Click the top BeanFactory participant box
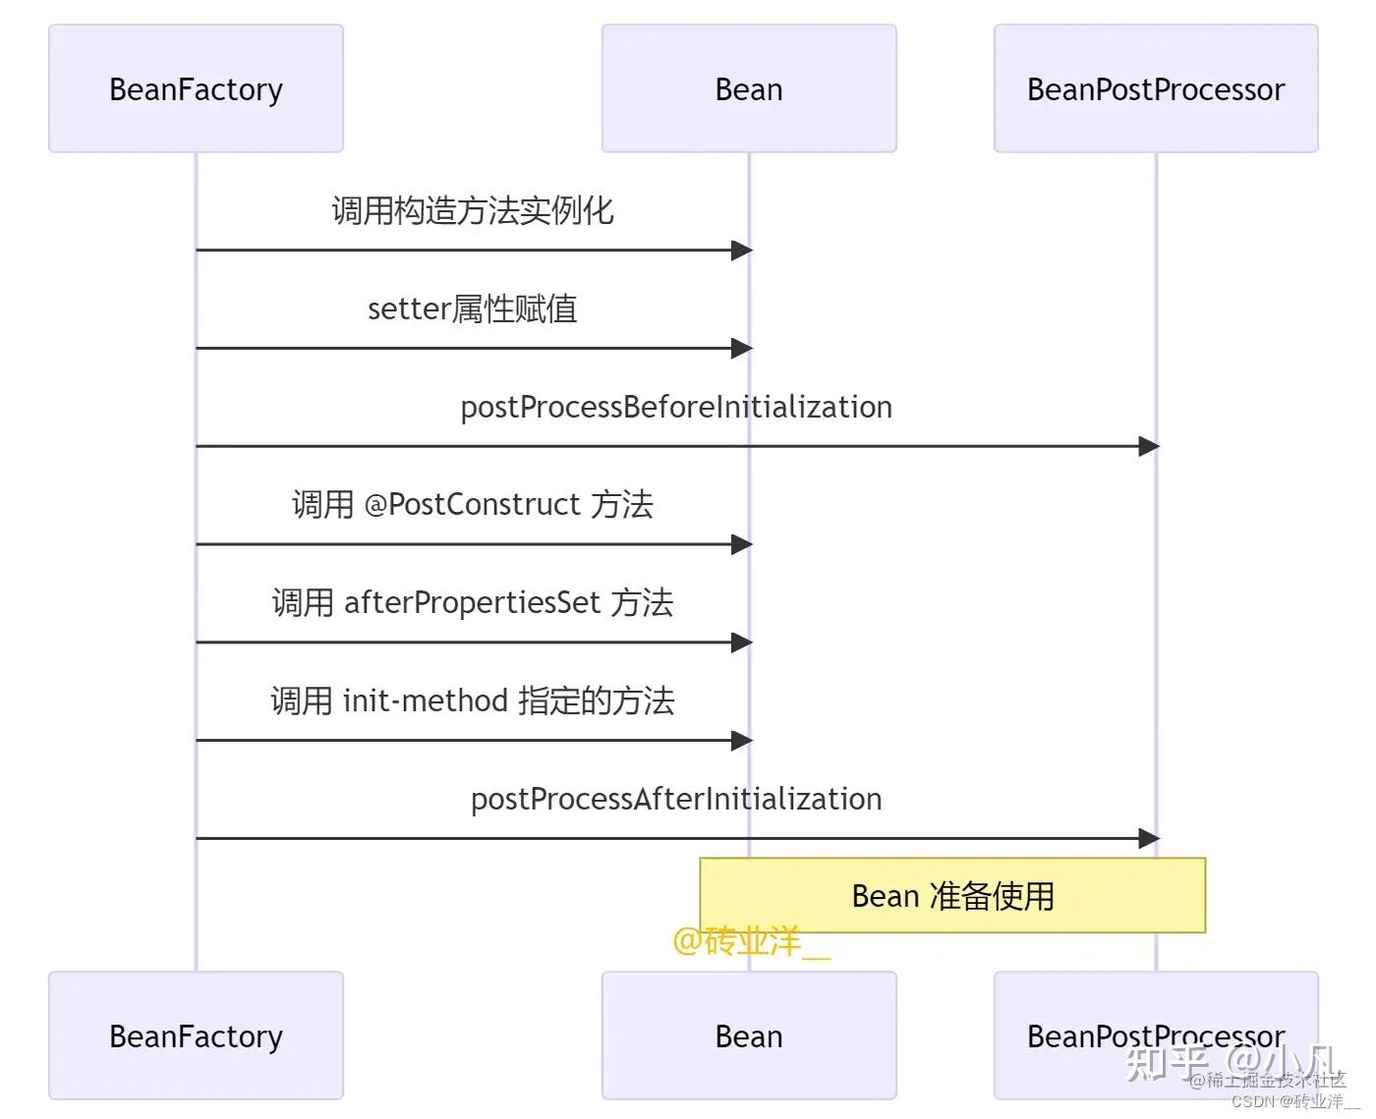coord(196,88)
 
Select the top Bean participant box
coord(749,88)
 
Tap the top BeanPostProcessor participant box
coord(1155,88)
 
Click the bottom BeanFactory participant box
coord(196,1035)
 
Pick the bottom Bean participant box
coord(749,1035)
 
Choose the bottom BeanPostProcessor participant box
coord(1155,1035)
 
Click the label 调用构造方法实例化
coord(472,210)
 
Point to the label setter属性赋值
coord(472,308)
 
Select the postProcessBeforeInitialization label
coord(676,407)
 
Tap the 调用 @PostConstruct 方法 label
coord(472,504)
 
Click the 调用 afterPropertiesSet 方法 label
coord(472,602)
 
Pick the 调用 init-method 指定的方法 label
coord(472,700)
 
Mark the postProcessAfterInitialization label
coord(676,799)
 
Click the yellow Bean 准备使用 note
coord(951,895)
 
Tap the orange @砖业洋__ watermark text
coord(751,941)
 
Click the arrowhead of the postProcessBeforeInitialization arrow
coord(1148,446)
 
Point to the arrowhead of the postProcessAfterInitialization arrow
coord(1148,838)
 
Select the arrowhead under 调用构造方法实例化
coord(742,250)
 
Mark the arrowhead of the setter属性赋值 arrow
coord(742,348)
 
